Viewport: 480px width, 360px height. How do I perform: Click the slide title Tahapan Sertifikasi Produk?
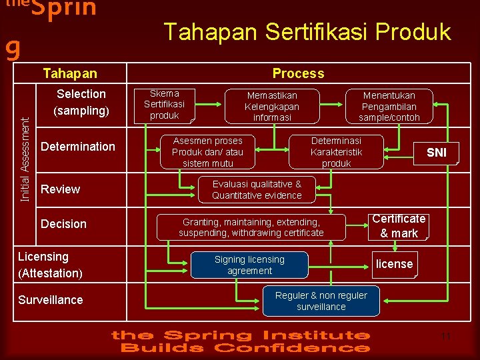(x=307, y=31)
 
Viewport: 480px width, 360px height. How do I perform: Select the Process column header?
(x=298, y=73)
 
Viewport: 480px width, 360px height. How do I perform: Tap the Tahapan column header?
(x=70, y=73)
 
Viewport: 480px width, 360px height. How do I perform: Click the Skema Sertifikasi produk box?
(x=164, y=105)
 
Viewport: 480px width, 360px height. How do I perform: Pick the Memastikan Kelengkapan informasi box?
(x=272, y=107)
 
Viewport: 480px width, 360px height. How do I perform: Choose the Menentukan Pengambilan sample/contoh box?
(x=389, y=107)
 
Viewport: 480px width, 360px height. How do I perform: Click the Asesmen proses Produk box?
(x=208, y=152)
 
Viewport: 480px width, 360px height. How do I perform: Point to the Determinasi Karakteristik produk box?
(x=336, y=151)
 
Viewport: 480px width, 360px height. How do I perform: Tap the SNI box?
(x=436, y=153)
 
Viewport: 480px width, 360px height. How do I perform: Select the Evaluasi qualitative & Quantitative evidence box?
(x=257, y=189)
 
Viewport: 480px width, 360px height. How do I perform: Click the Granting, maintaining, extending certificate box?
(x=251, y=227)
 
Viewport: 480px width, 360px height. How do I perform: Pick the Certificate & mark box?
(x=399, y=226)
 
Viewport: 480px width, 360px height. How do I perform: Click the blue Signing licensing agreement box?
(x=249, y=265)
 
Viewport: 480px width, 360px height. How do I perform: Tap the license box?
(x=395, y=264)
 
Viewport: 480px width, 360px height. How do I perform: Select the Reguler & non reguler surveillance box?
(x=321, y=301)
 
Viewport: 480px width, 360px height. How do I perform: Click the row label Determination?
(x=78, y=146)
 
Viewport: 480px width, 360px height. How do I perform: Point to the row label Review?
(x=61, y=189)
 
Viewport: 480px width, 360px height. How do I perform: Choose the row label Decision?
(x=64, y=223)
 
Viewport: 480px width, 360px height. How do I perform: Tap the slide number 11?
(x=446, y=337)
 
